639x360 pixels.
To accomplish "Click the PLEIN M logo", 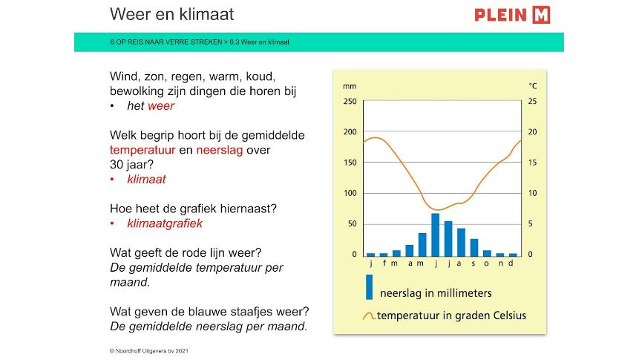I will pos(512,15).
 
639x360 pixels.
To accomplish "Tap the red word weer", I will pos(161,106).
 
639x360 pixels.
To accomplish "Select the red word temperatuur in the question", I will pos(145,150).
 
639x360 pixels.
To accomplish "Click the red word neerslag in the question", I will pos(220,150).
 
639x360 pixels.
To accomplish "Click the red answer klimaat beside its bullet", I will pos(146,180).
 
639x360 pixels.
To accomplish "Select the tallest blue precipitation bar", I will pos(436,235).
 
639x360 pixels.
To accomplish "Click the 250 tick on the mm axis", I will pos(350,102).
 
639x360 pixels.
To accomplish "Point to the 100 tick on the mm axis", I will pos(350,194).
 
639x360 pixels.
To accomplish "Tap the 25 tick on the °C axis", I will pos(531,102).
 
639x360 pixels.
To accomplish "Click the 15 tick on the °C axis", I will pos(531,163).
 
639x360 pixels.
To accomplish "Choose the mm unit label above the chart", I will pos(350,86).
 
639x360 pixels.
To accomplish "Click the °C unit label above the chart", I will pos(532,86).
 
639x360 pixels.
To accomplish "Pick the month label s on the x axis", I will pos(474,263).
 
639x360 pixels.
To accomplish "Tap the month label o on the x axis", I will pos(487,263).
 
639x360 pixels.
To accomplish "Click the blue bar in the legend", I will pos(369,287).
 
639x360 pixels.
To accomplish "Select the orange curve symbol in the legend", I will pos(369,315).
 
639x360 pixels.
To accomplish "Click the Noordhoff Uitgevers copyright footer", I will pos(154,350).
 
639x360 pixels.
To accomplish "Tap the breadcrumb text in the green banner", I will pos(199,42).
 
